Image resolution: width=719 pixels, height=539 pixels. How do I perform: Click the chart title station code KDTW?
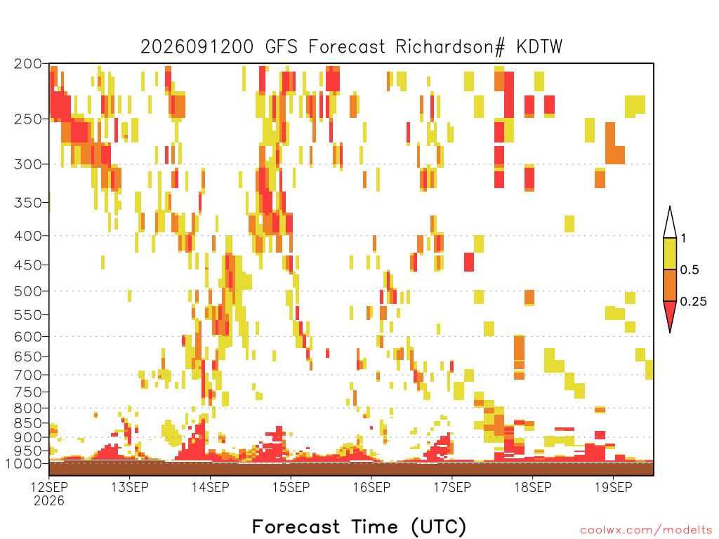point(539,47)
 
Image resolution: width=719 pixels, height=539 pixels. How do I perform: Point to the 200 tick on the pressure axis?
point(27,64)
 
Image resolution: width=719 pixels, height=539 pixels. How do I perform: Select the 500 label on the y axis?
point(27,291)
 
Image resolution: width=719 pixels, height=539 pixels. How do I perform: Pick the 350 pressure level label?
point(27,203)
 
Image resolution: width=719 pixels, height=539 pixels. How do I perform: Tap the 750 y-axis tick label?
point(27,392)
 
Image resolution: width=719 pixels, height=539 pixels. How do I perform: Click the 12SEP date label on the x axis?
point(49,487)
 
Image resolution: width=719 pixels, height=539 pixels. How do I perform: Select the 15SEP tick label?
point(291,487)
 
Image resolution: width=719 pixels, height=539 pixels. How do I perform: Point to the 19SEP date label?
point(614,487)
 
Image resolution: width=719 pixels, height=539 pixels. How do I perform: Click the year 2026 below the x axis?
point(49,500)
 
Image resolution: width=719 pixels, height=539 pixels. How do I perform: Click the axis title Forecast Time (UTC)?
point(359,526)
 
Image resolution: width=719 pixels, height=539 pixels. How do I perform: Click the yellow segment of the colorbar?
point(670,253)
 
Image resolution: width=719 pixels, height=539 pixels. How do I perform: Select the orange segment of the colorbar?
point(670,285)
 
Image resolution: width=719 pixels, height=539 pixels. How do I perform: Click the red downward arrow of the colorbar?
point(670,313)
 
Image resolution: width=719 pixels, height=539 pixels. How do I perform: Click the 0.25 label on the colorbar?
point(693,302)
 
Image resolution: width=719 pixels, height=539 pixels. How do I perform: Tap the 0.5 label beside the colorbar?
point(690,270)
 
